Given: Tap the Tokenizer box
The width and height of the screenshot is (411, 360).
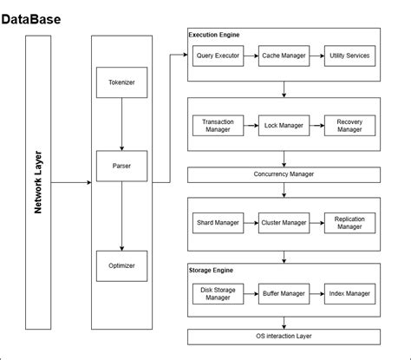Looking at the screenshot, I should point(121,83).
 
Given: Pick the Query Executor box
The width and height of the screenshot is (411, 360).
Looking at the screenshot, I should point(217,56).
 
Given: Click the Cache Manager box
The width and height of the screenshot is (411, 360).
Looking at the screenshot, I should point(283,56).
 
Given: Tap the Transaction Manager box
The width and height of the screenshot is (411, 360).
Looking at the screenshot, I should point(217,126).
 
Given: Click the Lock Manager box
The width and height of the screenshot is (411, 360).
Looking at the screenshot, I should point(283,126).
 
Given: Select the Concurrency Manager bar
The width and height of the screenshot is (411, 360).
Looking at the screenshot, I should point(284,174).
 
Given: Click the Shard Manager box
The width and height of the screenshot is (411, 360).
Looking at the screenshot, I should point(217,222).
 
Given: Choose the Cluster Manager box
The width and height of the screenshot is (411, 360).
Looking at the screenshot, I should point(283,222).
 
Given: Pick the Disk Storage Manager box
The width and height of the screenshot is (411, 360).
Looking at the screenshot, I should point(217,293).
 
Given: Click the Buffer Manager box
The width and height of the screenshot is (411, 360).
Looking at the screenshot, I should point(283,293).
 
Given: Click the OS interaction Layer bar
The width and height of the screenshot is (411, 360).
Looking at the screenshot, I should point(284,336).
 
